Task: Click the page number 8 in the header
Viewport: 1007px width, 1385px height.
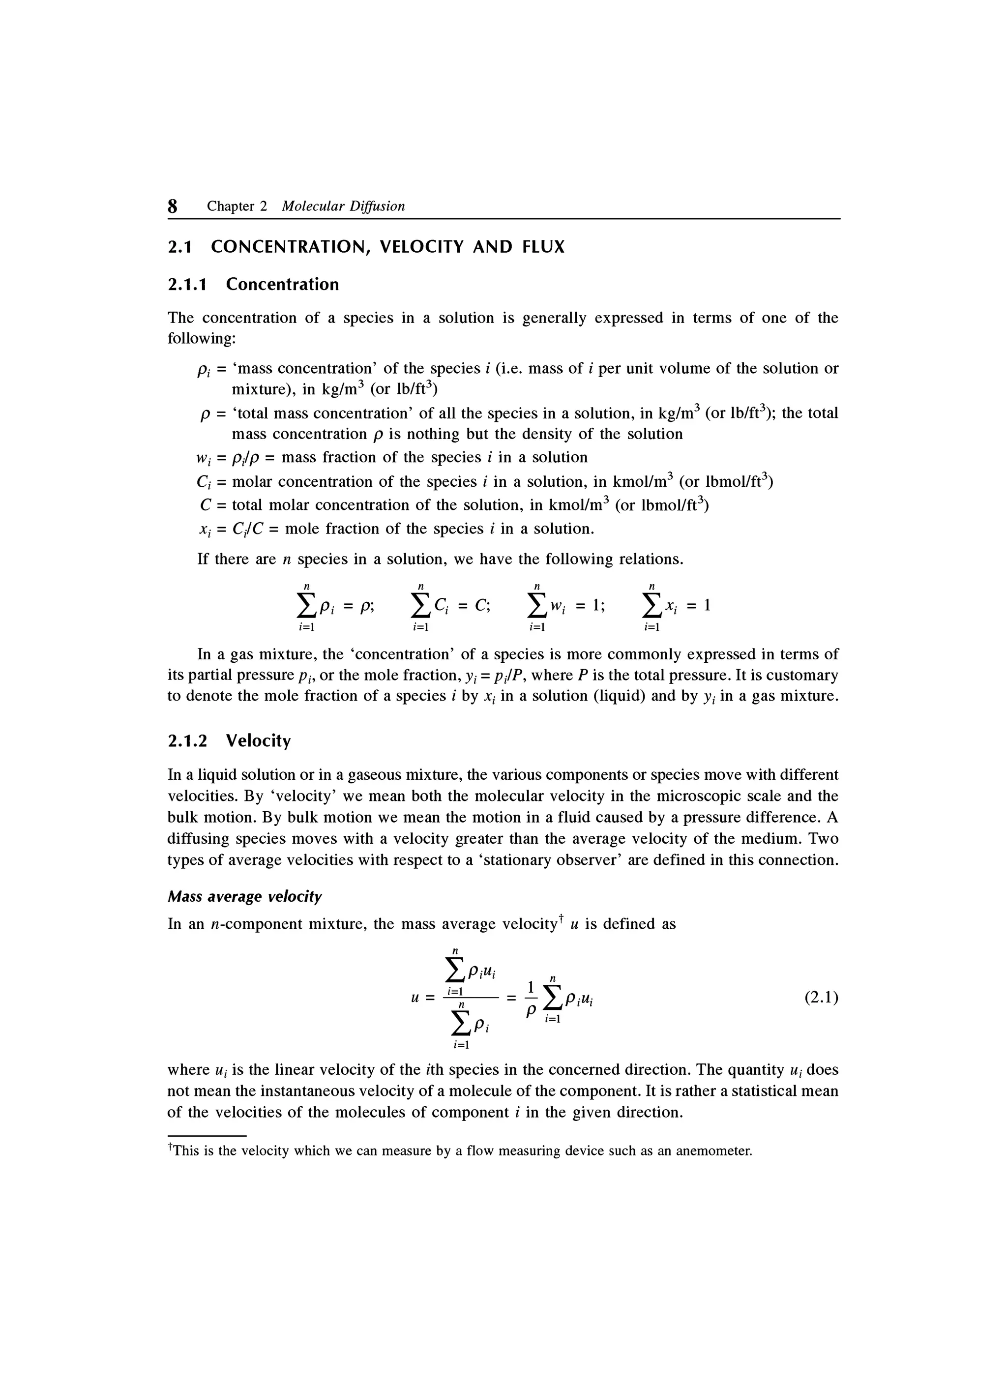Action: (173, 206)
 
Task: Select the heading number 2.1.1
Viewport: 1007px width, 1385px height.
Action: (187, 285)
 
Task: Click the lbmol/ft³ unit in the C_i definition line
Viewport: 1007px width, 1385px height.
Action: (739, 482)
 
